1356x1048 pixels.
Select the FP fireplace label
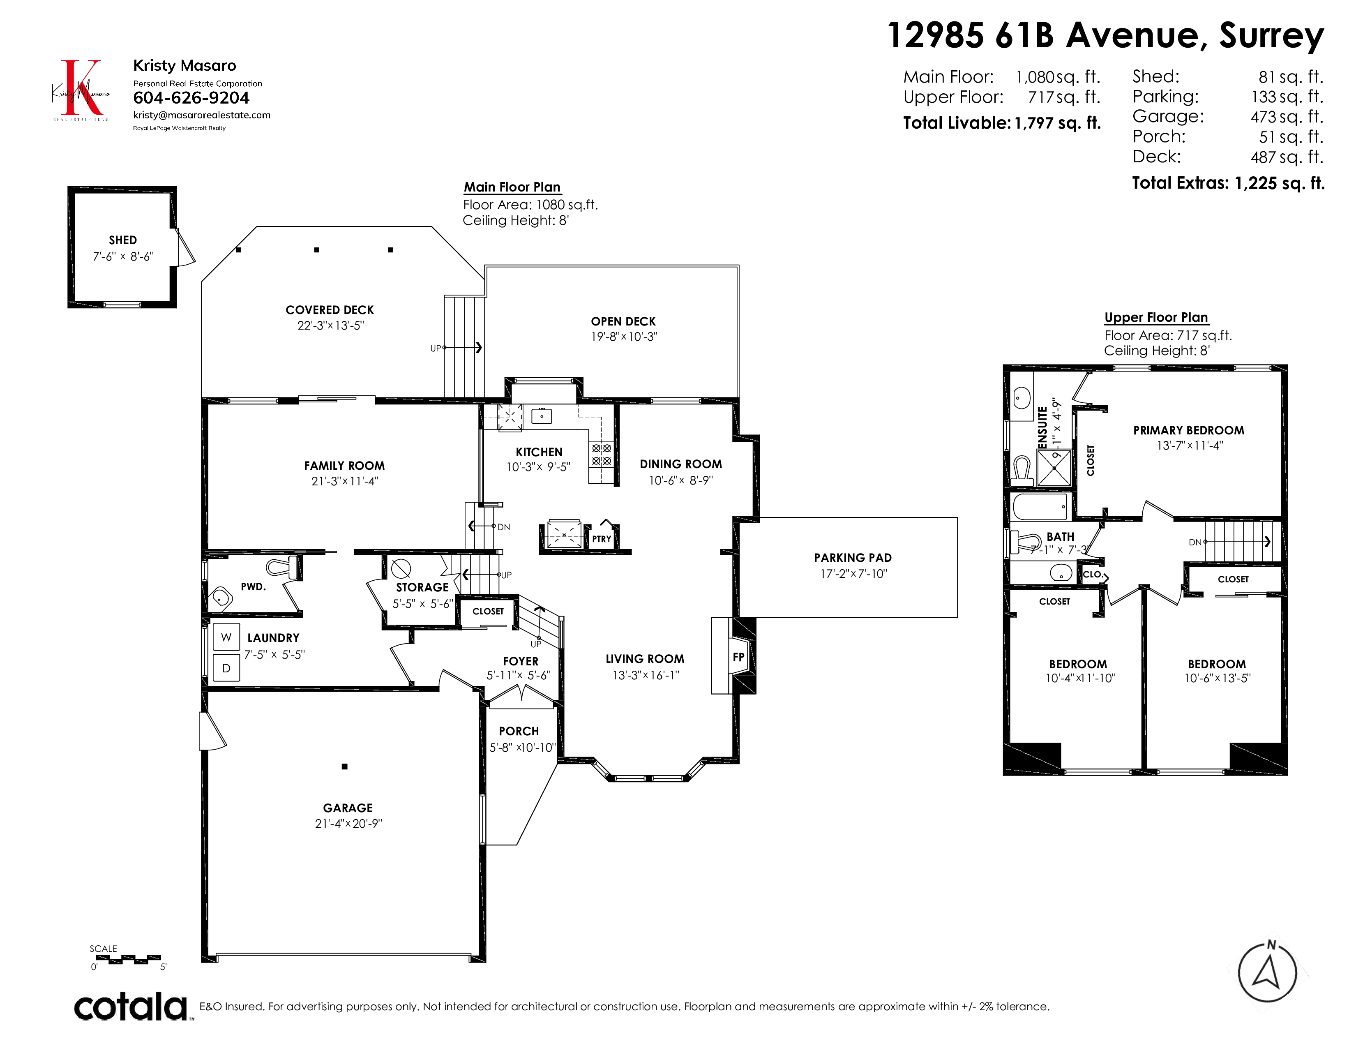(x=738, y=657)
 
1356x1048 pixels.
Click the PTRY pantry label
(x=601, y=539)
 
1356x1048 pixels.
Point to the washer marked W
(x=226, y=637)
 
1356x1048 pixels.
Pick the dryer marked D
(x=226, y=668)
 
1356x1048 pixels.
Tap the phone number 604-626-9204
(x=191, y=98)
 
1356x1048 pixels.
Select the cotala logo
(x=131, y=1006)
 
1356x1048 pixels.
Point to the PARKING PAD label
(x=853, y=558)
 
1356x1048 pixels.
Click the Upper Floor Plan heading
(x=1156, y=317)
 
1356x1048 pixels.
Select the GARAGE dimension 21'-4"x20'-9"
(x=348, y=823)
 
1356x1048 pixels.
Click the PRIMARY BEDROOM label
(x=1188, y=430)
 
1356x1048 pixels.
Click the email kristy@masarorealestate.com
(x=202, y=115)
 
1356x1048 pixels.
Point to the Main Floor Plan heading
(x=512, y=187)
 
